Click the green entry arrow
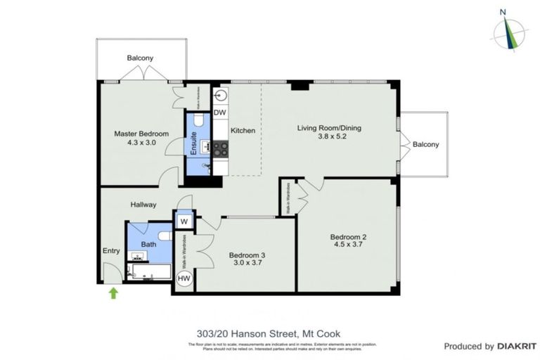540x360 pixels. (x=112, y=292)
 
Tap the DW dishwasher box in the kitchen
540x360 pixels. (x=219, y=112)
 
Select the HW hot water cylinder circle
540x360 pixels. (x=184, y=279)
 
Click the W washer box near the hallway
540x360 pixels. (x=184, y=221)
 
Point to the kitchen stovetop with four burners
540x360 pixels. (x=220, y=148)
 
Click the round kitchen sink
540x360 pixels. (x=220, y=95)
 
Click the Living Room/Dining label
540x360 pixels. (x=328, y=127)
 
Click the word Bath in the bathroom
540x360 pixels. (x=148, y=244)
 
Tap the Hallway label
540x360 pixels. (x=143, y=205)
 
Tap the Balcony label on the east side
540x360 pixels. (x=425, y=144)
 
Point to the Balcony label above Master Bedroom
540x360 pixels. (x=140, y=58)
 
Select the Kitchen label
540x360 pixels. (x=243, y=131)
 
